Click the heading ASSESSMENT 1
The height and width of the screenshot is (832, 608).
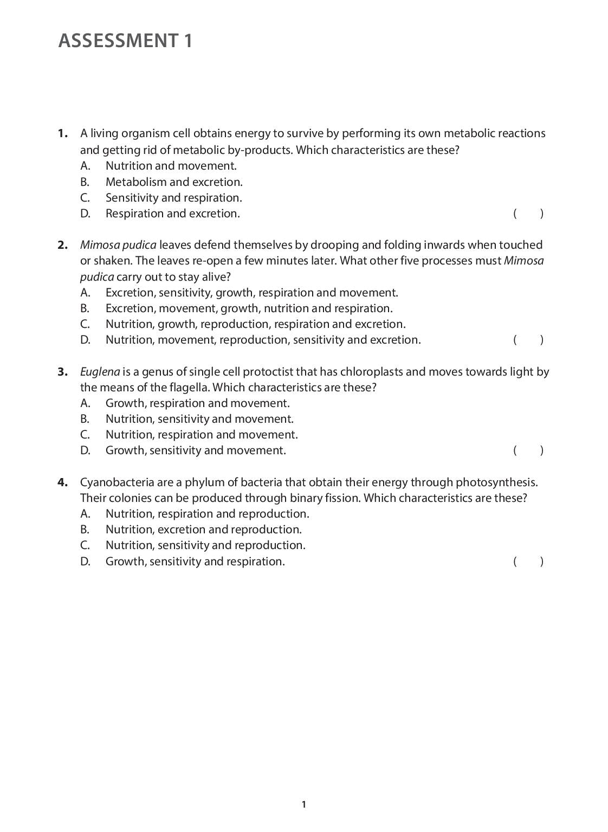[125, 41]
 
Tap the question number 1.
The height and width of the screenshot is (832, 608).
[63, 133]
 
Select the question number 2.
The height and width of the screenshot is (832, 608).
[63, 245]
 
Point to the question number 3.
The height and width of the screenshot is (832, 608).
[63, 372]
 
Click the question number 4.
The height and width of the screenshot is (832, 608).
[63, 482]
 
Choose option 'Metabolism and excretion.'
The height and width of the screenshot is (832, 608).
[174, 182]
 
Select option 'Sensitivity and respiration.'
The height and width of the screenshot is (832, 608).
[173, 198]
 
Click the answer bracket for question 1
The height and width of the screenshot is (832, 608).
[528, 214]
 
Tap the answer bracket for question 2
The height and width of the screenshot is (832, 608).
[528, 340]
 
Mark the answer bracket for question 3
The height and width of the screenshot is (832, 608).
[528, 450]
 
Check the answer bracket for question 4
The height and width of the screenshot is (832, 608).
[528, 562]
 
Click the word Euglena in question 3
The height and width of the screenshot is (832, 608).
[100, 372]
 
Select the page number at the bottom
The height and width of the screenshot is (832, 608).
[304, 804]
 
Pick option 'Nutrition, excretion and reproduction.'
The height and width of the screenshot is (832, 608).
[203, 530]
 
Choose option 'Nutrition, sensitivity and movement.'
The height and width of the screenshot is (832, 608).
[199, 419]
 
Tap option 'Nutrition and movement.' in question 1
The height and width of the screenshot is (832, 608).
[171, 166]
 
